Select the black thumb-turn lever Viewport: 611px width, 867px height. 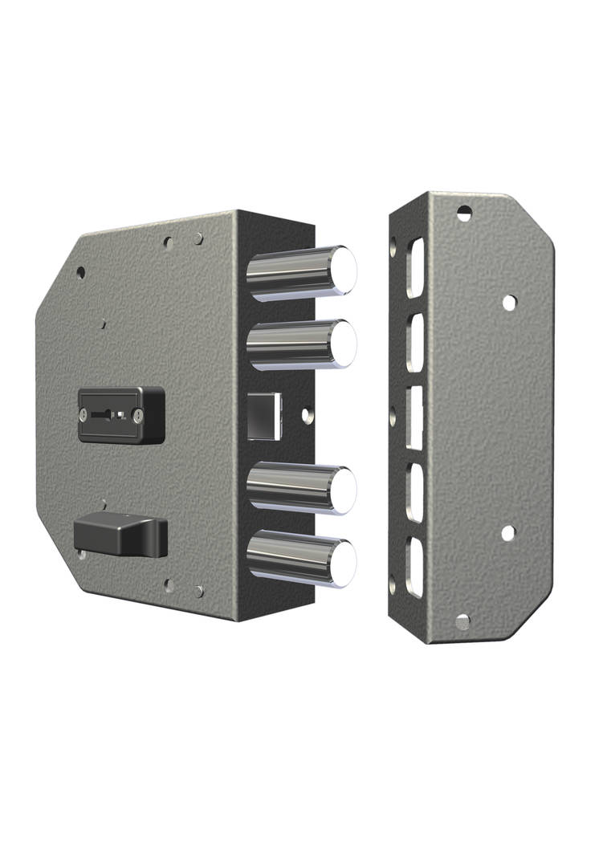pyautogui.click(x=120, y=535)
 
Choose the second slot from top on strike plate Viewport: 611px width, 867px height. pyautogui.click(x=414, y=341)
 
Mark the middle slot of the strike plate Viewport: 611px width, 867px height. pyautogui.click(x=414, y=416)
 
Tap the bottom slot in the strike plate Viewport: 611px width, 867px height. pyautogui.click(x=414, y=567)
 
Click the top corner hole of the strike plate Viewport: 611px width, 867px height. pyautogui.click(x=464, y=213)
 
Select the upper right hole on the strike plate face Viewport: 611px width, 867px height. pyautogui.click(x=508, y=303)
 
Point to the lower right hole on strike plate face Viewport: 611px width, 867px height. pyautogui.click(x=507, y=532)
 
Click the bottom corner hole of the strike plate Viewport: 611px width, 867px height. pyautogui.click(x=462, y=622)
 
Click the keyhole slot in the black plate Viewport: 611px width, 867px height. pyautogui.click(x=109, y=415)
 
